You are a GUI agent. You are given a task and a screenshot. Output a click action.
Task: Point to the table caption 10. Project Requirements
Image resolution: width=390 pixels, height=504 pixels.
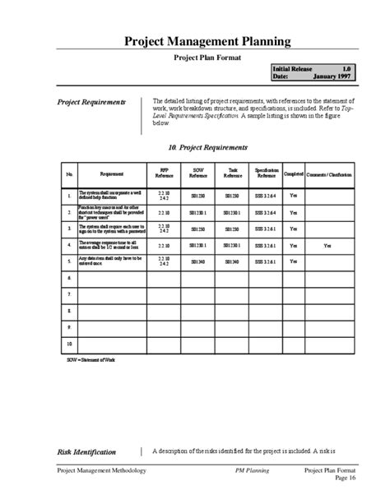coord(207,147)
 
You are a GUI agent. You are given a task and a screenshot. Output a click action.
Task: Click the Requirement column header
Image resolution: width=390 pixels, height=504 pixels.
coord(112,173)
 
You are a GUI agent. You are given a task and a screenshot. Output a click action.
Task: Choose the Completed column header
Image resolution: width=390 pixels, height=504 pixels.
coord(294,173)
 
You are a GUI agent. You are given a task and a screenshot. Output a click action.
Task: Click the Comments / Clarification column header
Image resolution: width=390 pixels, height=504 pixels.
coord(327,173)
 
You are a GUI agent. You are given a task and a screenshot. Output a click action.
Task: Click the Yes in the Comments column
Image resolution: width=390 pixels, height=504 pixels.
coord(327,245)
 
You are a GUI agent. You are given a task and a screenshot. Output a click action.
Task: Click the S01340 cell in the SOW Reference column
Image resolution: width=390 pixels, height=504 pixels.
coord(198,262)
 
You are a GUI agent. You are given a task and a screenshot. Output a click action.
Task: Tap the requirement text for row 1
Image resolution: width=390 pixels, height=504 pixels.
coord(112,196)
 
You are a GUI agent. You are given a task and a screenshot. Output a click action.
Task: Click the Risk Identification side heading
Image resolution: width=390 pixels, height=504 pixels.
coord(86,451)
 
